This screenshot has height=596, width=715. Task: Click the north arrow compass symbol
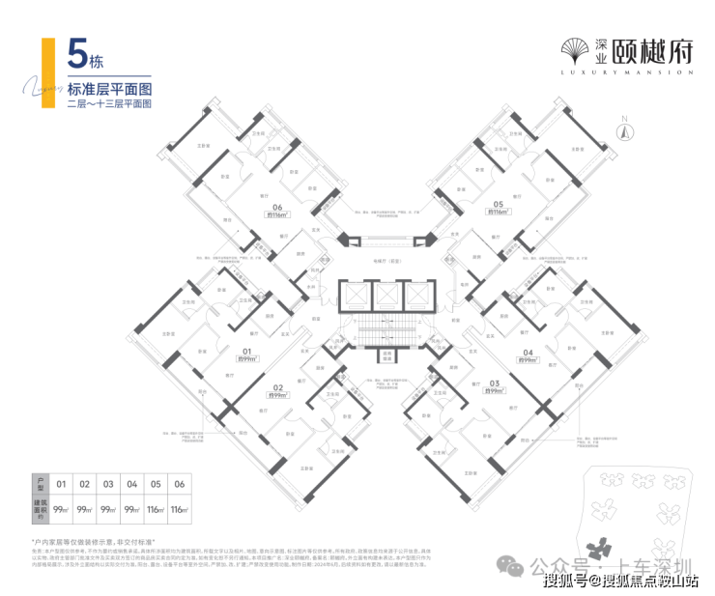coord(624,128)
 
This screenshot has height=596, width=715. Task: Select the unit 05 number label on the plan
coord(498,205)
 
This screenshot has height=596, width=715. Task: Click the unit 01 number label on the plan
coord(246,352)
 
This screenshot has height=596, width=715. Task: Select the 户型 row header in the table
coord(40,482)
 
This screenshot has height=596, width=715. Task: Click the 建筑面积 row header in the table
coord(40,507)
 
